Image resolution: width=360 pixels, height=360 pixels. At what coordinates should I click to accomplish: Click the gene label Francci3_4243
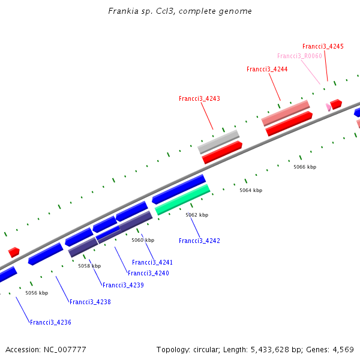tap(199, 98)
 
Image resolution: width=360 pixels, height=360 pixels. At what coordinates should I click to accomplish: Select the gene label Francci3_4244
tap(267, 70)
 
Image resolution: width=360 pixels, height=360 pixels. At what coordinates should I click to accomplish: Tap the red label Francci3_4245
tap(323, 46)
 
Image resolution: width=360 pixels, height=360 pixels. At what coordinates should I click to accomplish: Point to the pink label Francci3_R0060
tap(299, 56)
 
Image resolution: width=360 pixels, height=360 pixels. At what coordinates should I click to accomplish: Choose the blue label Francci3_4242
tap(199, 241)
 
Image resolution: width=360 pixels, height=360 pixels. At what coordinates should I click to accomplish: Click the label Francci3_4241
tap(152, 262)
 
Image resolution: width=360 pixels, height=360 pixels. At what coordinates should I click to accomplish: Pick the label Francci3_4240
tap(148, 273)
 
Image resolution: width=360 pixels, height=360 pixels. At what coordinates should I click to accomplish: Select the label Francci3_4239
tap(123, 285)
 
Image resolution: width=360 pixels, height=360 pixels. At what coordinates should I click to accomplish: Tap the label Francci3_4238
tap(90, 302)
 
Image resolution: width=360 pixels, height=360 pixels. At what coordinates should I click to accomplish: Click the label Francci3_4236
tap(50, 322)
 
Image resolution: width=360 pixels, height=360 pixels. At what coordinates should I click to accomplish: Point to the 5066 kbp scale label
tap(305, 167)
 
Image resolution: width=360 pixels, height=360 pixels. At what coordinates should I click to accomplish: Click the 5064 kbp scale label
tap(251, 190)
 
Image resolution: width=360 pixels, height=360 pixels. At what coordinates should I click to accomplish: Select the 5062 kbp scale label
tap(197, 215)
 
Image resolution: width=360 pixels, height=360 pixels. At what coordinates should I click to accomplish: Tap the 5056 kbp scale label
tap(36, 293)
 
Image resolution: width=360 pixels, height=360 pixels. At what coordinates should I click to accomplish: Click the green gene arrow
tap(182, 200)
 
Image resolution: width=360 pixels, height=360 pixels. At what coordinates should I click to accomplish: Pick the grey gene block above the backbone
tap(218, 142)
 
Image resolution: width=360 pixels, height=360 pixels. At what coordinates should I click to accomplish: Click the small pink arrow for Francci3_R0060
tap(328, 107)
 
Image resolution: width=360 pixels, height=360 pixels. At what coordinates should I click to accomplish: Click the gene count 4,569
tap(342, 349)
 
